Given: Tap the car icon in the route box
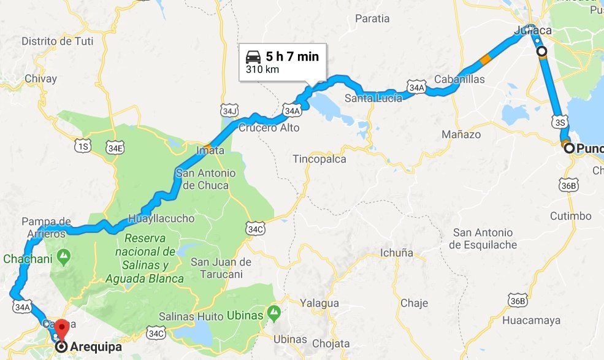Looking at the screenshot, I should [253, 57].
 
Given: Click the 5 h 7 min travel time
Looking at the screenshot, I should [292, 57].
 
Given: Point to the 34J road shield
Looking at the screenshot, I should [229, 111].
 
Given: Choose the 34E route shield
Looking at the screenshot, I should [115, 148].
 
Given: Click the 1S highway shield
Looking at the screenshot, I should [82, 145].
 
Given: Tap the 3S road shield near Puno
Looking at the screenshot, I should [559, 121].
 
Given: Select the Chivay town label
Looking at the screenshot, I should [41, 79].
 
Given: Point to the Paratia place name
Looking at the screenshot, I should [372, 18].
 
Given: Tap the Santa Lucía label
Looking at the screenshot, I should [373, 98].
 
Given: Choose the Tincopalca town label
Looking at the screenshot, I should [319, 159].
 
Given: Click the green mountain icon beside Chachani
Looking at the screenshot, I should [64, 254].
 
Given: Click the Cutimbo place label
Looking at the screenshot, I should [571, 216].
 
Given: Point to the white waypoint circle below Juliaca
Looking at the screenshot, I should [541, 52].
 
